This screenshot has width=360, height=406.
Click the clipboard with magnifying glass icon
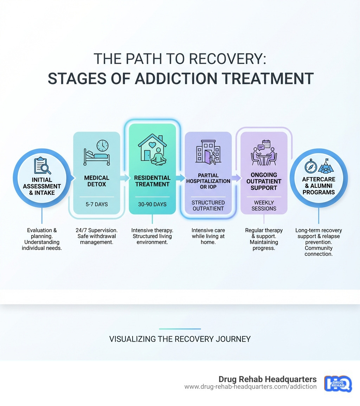[42, 166]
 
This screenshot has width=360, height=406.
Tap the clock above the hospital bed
[102, 146]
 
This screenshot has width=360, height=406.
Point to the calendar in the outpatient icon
[266, 144]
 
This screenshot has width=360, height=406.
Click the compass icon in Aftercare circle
[311, 166]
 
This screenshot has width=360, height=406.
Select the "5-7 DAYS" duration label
[96, 204]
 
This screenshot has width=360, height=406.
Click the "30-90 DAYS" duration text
[152, 204]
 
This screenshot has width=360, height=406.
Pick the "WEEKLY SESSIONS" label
[264, 205]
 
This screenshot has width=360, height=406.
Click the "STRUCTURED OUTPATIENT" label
[208, 205]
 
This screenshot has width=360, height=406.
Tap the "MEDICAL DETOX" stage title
[96, 181]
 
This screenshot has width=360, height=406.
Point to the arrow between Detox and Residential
[124, 178]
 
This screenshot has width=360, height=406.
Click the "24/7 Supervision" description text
[96, 230]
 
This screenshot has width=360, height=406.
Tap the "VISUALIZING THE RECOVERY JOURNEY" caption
[180, 339]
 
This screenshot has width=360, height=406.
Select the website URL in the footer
[250, 387]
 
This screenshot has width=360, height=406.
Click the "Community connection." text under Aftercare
[319, 251]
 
